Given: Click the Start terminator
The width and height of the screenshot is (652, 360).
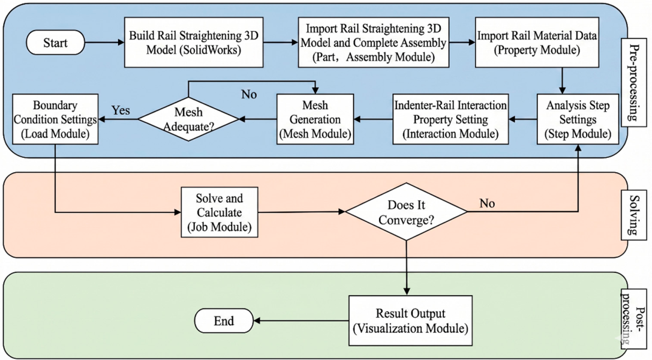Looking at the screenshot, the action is coord(55,43).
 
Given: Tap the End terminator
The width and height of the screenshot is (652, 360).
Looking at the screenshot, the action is coord(224,320).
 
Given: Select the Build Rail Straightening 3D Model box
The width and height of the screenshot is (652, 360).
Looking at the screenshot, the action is coord(194,43).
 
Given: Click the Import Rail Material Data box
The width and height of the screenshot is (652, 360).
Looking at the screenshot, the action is coord(537,43).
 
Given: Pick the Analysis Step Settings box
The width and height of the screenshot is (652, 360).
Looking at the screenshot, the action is coord(578,119).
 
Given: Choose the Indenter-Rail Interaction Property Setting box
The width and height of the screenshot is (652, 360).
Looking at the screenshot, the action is coord(450,119).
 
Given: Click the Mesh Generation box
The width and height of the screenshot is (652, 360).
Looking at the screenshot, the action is coord(315,119).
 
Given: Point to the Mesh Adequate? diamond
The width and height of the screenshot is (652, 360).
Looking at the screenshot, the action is coord(188,119).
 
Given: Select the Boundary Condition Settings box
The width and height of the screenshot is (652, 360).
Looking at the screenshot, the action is coord(55,119).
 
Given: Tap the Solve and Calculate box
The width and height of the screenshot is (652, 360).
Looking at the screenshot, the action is coord(219,212).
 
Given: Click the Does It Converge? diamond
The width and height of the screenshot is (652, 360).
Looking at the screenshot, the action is coord(406,212).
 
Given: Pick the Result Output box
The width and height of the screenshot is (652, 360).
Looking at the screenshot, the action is coord(410,320).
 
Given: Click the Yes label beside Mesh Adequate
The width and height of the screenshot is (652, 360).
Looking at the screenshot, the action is coord(121,110).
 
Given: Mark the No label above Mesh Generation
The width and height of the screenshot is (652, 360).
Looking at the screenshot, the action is coord(249,94).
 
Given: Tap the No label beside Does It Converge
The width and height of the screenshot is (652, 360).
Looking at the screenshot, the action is coord(487,203).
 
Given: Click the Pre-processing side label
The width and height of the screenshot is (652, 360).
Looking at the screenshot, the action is coord(633,82).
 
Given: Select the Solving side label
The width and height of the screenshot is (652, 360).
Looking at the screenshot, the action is coord(633,215).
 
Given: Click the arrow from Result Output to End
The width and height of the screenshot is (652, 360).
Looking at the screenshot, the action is coord(301,321).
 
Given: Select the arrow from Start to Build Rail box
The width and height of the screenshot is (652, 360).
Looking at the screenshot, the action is coord(104,43).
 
